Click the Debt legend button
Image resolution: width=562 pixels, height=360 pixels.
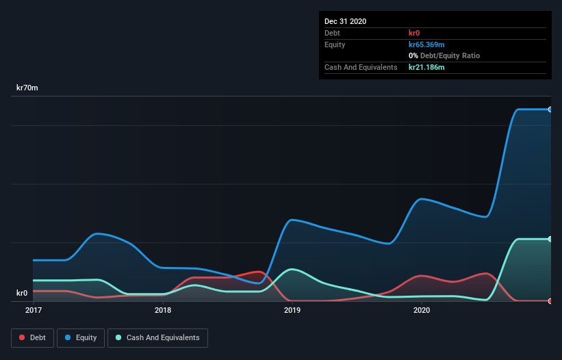(x=32, y=337)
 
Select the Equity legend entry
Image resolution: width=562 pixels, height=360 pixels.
(x=81, y=337)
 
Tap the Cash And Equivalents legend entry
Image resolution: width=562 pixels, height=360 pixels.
(x=157, y=337)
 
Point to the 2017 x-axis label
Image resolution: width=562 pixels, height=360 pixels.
(x=33, y=310)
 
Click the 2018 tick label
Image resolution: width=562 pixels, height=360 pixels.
(x=163, y=310)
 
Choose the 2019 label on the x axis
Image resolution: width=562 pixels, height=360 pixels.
(x=292, y=310)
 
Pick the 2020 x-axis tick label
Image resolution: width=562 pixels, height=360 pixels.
(x=422, y=310)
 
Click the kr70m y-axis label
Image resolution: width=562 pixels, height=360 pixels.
(x=27, y=88)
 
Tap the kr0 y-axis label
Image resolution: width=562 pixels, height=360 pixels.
(x=22, y=293)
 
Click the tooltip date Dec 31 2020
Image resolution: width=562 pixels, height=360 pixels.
(x=346, y=21)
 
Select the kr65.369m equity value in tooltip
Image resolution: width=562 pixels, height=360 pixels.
(x=426, y=44)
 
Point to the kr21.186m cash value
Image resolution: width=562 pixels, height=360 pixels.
(x=426, y=67)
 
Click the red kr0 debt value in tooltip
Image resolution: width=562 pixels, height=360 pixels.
(x=414, y=33)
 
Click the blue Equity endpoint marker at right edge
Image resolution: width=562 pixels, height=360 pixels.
(x=550, y=110)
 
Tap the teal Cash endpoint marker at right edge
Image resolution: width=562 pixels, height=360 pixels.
(x=550, y=239)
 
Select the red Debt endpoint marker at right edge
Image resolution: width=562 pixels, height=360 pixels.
(x=550, y=301)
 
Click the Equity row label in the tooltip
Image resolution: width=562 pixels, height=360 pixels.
(x=335, y=44)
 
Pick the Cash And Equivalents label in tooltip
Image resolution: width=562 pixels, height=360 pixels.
(x=361, y=67)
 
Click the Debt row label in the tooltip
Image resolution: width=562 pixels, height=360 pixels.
(x=333, y=33)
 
